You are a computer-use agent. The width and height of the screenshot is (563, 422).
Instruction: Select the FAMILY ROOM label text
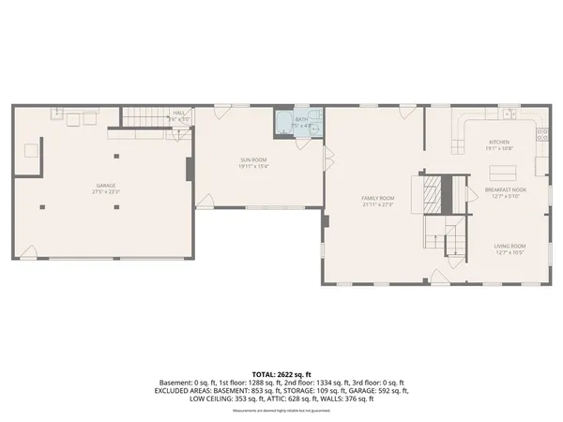[x=378, y=198]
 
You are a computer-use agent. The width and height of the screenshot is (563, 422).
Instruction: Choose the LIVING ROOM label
[x=510, y=246]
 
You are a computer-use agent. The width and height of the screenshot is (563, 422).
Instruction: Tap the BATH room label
[x=301, y=120]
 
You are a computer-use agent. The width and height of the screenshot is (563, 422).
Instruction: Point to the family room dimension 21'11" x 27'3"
[x=378, y=204]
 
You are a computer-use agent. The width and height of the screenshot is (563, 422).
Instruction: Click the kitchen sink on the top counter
[x=508, y=114]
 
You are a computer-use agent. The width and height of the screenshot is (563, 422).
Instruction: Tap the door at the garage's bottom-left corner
[x=29, y=250]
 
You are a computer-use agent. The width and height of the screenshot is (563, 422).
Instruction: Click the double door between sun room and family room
[x=327, y=158]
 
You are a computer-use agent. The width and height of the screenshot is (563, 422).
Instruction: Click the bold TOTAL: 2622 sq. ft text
[x=281, y=374]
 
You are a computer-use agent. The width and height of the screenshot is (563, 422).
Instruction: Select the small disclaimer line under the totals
[x=281, y=410]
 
